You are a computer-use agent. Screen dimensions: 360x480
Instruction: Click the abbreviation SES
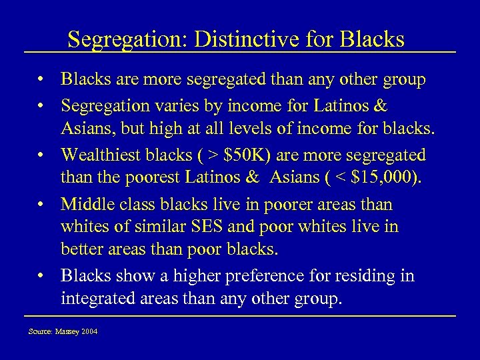point(201,227)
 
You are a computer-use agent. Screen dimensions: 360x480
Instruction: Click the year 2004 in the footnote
point(89,331)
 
